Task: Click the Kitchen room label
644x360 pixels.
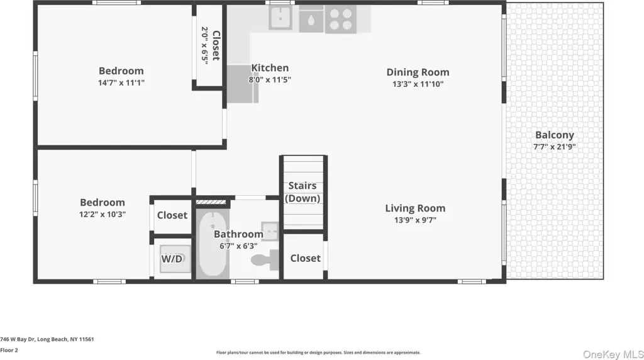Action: tap(270, 68)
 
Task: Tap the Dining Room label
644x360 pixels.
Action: tap(418, 72)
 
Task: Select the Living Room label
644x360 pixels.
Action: tap(415, 208)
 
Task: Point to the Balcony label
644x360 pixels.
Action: tap(555, 135)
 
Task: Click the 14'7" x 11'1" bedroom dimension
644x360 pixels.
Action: tap(121, 83)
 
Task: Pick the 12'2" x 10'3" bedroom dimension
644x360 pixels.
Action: tap(103, 215)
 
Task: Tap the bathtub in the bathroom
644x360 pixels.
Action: tap(213, 244)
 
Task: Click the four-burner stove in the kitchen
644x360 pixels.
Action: tap(341, 20)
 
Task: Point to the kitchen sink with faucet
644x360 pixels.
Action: tap(280, 18)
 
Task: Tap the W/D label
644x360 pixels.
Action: tap(172, 259)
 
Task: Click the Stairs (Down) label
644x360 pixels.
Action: tap(303, 192)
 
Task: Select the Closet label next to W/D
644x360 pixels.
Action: tap(172, 215)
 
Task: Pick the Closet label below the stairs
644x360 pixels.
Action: tap(305, 259)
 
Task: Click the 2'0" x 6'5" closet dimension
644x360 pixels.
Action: tap(204, 45)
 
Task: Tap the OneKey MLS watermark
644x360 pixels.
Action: tap(613, 354)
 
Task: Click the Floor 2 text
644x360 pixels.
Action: tap(9, 351)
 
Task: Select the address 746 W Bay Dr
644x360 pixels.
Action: tap(18, 339)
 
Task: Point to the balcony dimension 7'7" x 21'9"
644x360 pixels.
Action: tap(555, 147)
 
